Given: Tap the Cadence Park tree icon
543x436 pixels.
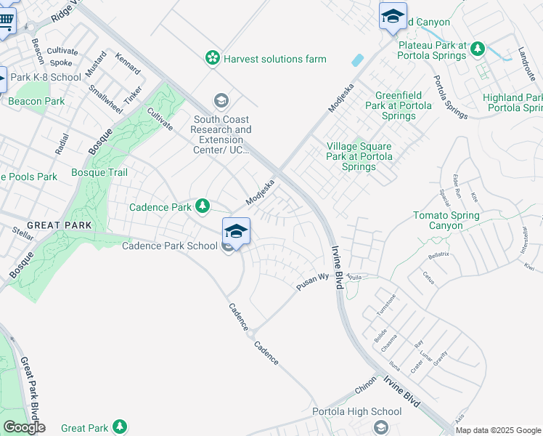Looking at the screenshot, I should click(x=203, y=207).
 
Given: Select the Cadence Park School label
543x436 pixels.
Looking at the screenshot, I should click(x=169, y=246).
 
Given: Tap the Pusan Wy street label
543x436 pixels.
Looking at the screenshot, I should click(x=313, y=281).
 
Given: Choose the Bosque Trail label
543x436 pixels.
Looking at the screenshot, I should click(x=99, y=172).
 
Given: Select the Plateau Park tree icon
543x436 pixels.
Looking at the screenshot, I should click(x=478, y=49).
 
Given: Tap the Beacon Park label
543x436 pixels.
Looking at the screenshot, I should click(x=37, y=101).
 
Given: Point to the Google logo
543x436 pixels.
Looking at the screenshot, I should click(x=24, y=427).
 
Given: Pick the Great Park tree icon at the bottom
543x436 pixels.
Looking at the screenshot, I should click(x=121, y=428).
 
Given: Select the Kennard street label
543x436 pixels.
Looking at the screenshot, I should click(x=128, y=66).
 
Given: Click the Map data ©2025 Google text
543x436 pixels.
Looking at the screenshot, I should click(x=497, y=430).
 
